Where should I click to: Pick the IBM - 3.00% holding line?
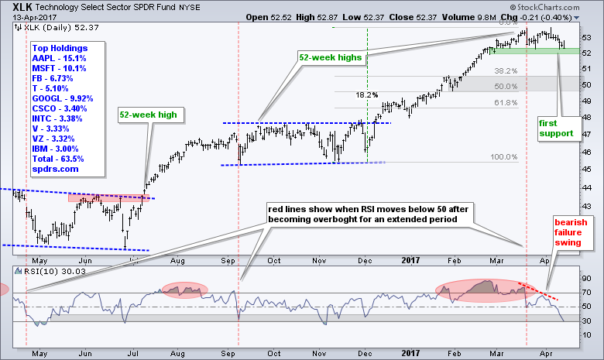pos(55,148)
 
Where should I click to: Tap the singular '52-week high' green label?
pos(148,115)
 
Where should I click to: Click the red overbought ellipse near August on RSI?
pos(185,290)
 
